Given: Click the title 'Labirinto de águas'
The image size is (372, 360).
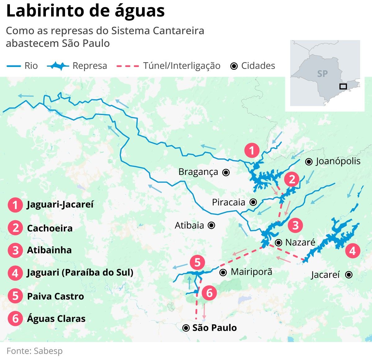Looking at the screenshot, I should coord(85,11).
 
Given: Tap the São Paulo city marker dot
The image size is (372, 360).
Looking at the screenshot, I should coord(186,328).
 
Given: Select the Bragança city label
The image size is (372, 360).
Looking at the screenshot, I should coord(198,172).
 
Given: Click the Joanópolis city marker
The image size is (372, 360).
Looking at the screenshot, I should coord(309,162).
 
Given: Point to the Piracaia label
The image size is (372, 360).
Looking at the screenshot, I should coord(228,202).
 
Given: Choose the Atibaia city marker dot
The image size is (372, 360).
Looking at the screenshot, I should coord(211,225).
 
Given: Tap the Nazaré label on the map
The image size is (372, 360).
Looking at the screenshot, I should coord(300,242).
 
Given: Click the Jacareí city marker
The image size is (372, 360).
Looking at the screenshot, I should coord(349,275).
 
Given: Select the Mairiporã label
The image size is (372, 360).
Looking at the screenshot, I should coord(251,272).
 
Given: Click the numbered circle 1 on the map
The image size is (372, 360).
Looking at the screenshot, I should coord(252,150).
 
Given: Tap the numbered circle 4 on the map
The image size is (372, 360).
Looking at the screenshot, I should coord(352,250).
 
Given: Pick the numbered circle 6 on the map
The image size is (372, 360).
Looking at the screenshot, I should coord(210,292).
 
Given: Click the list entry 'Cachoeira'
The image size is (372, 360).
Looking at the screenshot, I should coord(50,228).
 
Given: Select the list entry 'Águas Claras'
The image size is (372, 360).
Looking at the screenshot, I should coord(56,319).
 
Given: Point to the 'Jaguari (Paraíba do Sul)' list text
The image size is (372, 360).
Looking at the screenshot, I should coord(80,273).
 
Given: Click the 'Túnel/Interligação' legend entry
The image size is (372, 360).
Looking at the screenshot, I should coord(182,66).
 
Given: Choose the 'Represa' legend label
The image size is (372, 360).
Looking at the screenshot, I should coord(90,66).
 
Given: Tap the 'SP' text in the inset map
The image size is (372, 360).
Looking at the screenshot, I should coord(322,74).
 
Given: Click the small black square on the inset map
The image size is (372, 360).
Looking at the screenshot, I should coord(343,87).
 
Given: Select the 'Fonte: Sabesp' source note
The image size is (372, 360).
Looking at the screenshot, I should coord(34,351).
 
